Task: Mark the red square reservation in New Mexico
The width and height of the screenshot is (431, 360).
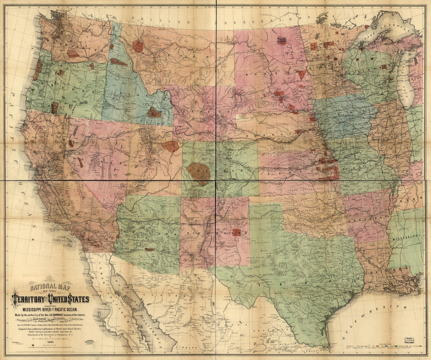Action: (236, 232)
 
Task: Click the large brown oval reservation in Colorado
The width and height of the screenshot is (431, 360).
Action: (199, 173)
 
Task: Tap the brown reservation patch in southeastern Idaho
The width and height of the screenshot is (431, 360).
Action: (154, 113)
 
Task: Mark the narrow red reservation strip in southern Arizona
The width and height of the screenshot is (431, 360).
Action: (150, 249)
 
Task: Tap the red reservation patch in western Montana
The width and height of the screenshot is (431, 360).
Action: (138, 46)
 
